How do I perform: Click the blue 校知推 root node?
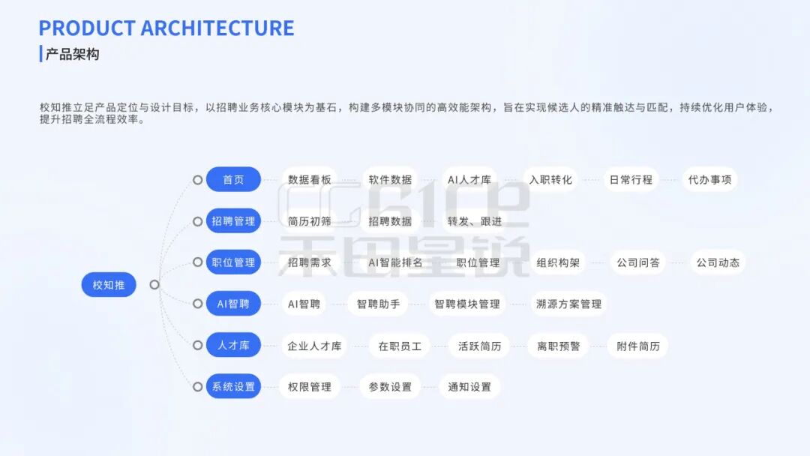tap(109, 285)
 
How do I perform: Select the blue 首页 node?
tap(233, 180)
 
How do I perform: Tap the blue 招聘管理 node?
tap(233, 221)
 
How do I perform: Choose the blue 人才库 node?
tap(233, 346)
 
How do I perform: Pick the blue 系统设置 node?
tap(233, 387)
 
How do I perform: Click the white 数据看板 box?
tap(310, 180)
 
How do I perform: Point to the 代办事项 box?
tap(709, 180)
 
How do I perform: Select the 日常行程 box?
tap(631, 180)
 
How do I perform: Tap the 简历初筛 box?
tap(310, 221)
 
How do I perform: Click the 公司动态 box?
tap(718, 262)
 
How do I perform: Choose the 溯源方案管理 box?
tap(568, 304)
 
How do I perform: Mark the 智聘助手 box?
tap(378, 304)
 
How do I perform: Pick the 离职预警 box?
tap(558, 346)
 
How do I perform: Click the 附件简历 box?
tap(638, 346)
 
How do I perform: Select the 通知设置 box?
tap(469, 387)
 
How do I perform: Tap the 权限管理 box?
tap(310, 387)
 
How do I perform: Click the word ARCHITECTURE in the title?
tap(217, 28)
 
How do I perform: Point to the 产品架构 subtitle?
tap(72, 55)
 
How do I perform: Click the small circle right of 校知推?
tap(154, 285)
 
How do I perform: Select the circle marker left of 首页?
tap(197, 180)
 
